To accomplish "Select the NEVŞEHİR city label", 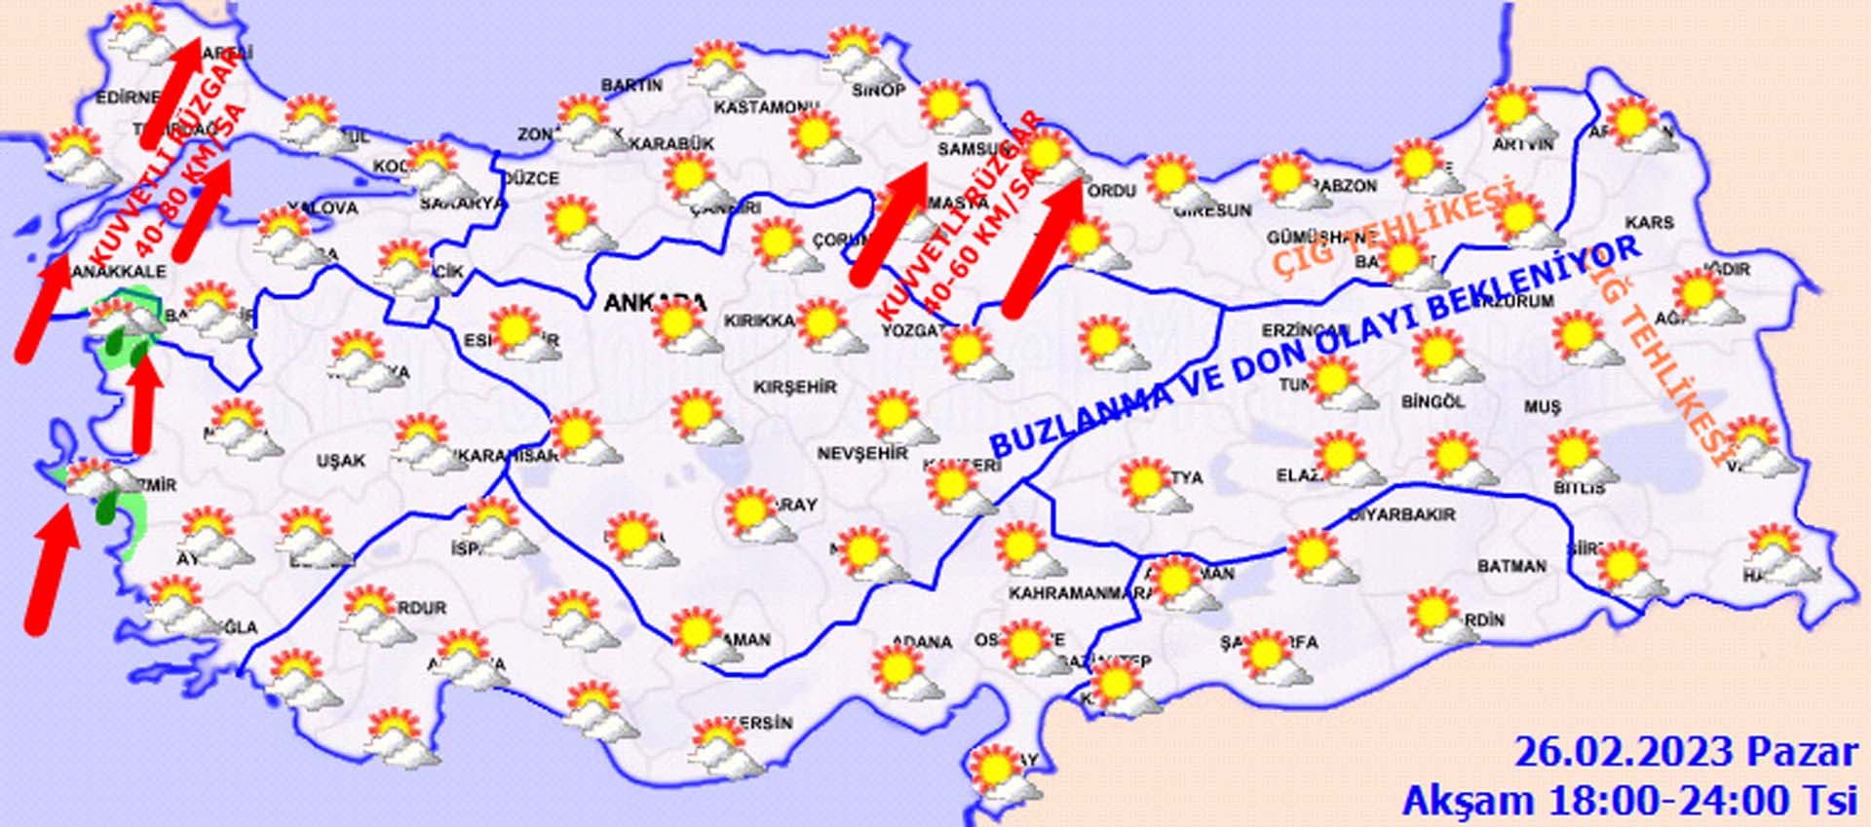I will coord(862,453).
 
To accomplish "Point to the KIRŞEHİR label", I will coord(795,387).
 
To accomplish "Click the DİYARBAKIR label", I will coord(1402,514).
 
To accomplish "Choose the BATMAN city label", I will coord(1511,566).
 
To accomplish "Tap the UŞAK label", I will coord(341,460).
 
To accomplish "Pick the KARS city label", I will coord(1649,223).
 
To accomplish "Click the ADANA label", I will coord(922,642).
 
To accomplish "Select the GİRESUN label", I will coord(1212,210).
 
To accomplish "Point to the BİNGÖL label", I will coord(1432,401).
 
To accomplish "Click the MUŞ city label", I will coord(1544,407).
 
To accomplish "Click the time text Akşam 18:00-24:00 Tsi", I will coord(1629,801).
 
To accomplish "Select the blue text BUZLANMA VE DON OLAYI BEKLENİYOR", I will coord(1316,346).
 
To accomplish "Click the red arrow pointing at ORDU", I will coord(1043,248).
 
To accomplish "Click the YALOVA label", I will coord(323,207).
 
